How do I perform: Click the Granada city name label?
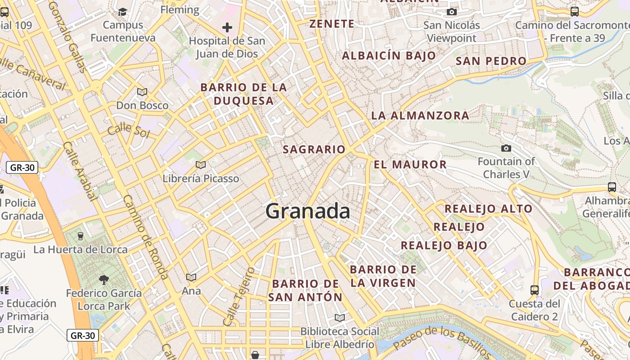pyautogui.click(x=308, y=211)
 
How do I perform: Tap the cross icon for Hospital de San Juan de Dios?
pyautogui.click(x=227, y=27)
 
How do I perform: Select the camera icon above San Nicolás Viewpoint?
pyautogui.click(x=452, y=12)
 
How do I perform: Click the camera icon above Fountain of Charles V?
pyautogui.click(x=506, y=148)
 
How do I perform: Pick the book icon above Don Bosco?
pyautogui.click(x=142, y=92)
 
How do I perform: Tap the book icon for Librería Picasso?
pyautogui.click(x=201, y=165)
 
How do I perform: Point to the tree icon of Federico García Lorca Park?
pyautogui.click(x=104, y=280)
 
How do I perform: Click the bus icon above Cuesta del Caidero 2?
pyautogui.click(x=535, y=290)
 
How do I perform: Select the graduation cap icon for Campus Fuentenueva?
pyautogui.click(x=123, y=11)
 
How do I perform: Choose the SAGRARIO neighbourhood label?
pyautogui.click(x=314, y=149)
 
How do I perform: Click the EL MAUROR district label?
pyautogui.click(x=410, y=165)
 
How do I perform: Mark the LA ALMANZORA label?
pyautogui.click(x=420, y=116)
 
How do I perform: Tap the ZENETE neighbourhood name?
pyautogui.click(x=332, y=24)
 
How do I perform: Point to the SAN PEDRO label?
pyautogui.click(x=491, y=61)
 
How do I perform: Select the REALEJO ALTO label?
pyautogui.click(x=488, y=209)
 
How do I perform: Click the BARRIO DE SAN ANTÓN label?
pyautogui.click(x=306, y=290)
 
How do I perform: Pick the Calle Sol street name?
pyautogui.click(x=128, y=129)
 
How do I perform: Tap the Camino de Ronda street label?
pyautogui.click(x=145, y=237)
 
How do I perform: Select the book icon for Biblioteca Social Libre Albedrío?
pyautogui.click(x=340, y=318)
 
